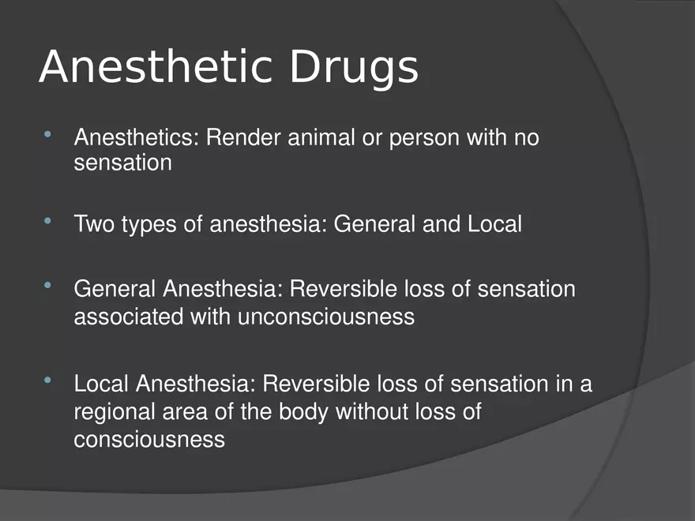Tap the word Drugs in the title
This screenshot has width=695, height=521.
coord(353,69)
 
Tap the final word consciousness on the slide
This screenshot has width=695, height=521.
coord(149,439)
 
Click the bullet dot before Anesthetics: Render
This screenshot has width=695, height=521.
coord(49,137)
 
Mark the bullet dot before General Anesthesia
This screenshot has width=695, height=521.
coord(49,288)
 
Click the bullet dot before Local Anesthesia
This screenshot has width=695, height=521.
coord(49,383)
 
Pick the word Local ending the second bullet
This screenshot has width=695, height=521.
coord(494,224)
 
